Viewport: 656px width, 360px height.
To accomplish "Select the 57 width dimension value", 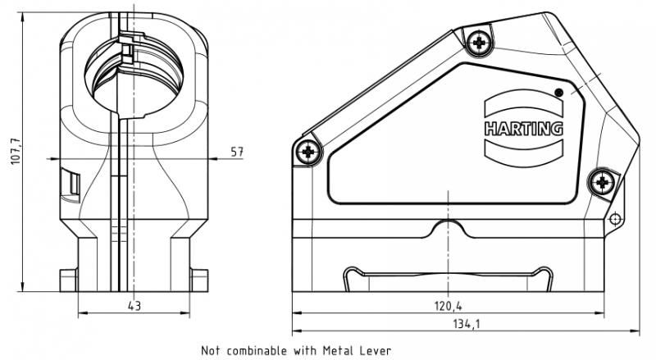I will tap(238, 153).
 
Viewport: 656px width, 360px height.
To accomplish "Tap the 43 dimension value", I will tap(134, 306).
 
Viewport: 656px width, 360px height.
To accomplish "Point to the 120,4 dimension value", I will tap(448, 306).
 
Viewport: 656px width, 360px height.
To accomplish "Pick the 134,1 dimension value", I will tap(464, 325).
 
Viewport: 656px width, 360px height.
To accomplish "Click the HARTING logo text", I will tap(523, 129).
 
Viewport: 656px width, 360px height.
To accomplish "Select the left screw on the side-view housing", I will tap(308, 151).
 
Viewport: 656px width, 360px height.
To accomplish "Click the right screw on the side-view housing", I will tap(605, 181).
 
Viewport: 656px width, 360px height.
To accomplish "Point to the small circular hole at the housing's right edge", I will tap(615, 218).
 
